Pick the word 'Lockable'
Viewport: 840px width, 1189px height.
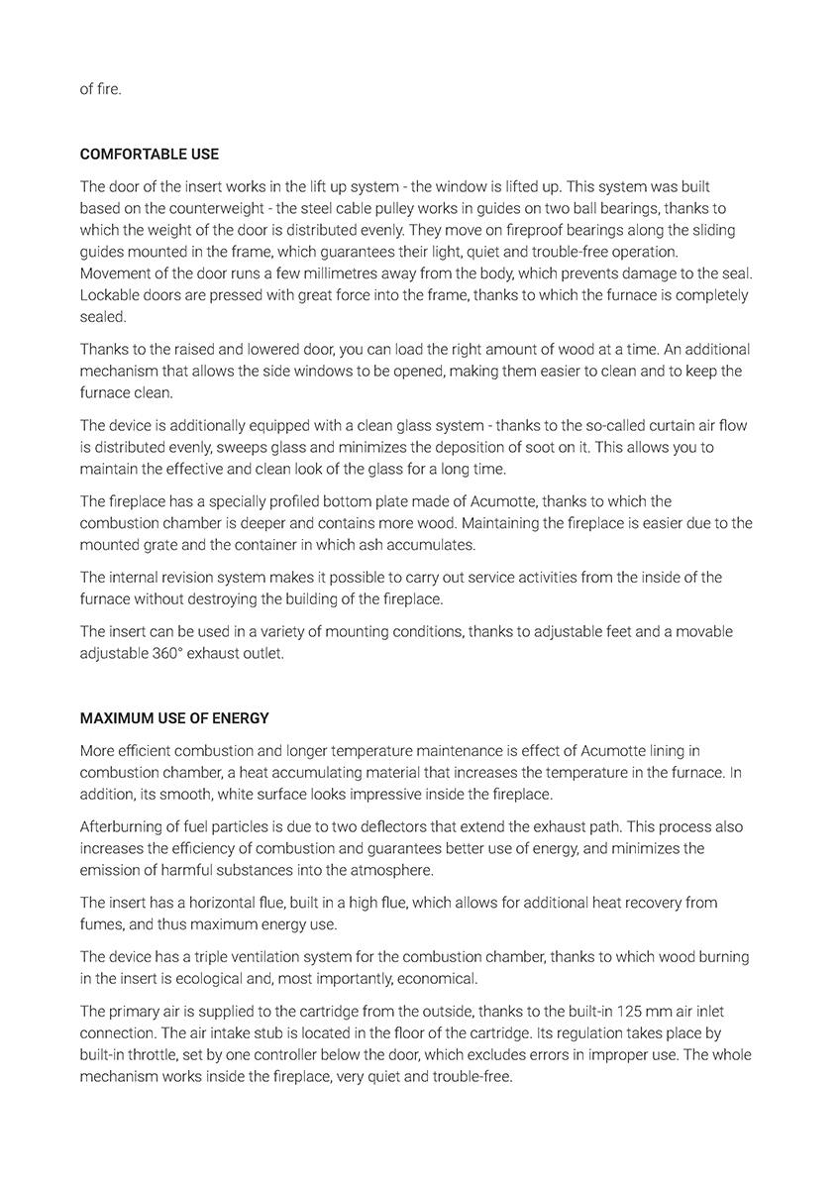[x=108, y=295]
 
